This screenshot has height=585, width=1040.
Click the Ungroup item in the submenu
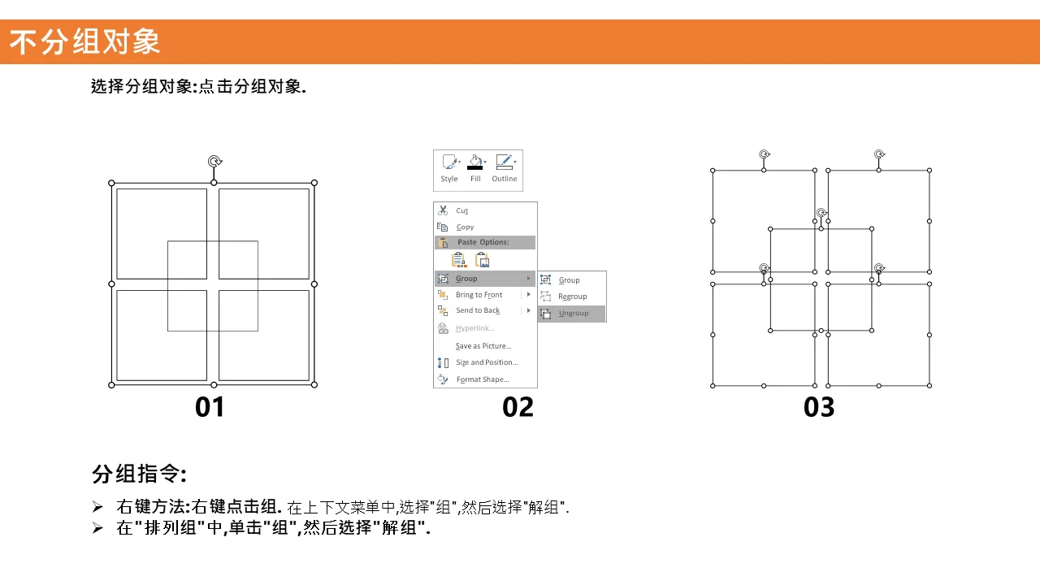[x=573, y=314]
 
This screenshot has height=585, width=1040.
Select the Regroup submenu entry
[x=572, y=297]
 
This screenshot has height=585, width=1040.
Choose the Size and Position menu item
[x=485, y=362]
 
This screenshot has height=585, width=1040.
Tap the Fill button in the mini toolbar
[x=475, y=168]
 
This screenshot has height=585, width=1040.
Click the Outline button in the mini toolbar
[x=505, y=168]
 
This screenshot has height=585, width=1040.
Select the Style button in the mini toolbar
[x=449, y=168]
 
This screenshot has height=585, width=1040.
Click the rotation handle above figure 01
[x=214, y=162]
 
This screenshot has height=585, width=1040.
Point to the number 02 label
[x=518, y=407]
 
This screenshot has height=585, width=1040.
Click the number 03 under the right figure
[x=819, y=407]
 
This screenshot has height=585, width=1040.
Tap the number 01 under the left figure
[x=210, y=407]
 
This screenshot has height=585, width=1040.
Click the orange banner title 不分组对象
[x=84, y=41]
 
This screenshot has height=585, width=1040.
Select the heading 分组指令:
[x=139, y=474]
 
